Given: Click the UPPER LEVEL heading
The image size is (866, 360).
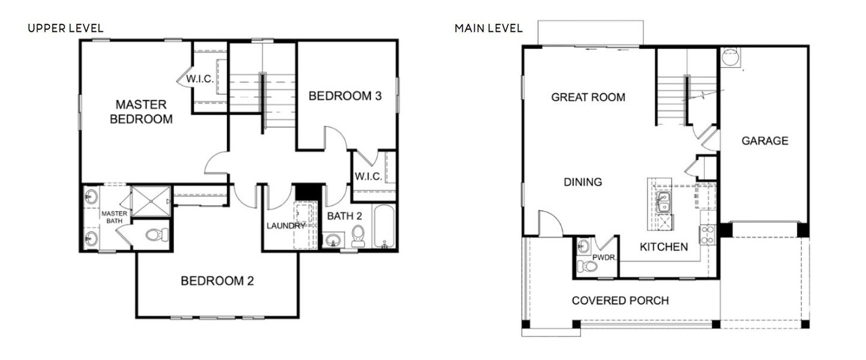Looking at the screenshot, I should click(x=65, y=28).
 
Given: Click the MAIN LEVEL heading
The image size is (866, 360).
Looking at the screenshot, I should click(x=489, y=28).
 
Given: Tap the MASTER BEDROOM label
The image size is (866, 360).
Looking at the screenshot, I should click(x=140, y=112).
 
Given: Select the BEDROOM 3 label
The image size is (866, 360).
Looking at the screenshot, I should click(x=345, y=96).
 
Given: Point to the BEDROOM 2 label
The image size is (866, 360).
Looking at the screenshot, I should click(x=217, y=280).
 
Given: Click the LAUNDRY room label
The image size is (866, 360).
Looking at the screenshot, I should click(x=286, y=226).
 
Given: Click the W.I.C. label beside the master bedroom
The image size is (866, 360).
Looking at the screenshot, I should click(x=199, y=79).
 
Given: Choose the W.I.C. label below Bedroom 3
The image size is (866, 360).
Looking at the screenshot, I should click(x=368, y=177).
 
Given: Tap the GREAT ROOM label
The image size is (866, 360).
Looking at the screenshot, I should click(x=588, y=97).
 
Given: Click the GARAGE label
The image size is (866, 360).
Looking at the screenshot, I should click(x=765, y=141).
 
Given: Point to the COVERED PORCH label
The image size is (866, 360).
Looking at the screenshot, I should click(x=620, y=301).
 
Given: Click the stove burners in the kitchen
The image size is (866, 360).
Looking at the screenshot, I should click(x=707, y=235).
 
